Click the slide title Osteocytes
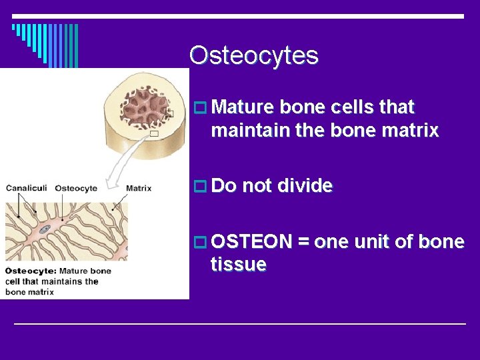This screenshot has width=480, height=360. (x=253, y=55)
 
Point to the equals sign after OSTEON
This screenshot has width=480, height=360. (x=303, y=242)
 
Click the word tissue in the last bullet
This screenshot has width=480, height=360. (x=238, y=265)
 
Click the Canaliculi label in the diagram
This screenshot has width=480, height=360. (x=27, y=188)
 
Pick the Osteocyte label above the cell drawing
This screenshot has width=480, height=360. (x=76, y=188)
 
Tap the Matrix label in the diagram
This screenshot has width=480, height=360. (x=138, y=188)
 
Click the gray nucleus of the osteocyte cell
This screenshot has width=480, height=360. (x=45, y=229)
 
